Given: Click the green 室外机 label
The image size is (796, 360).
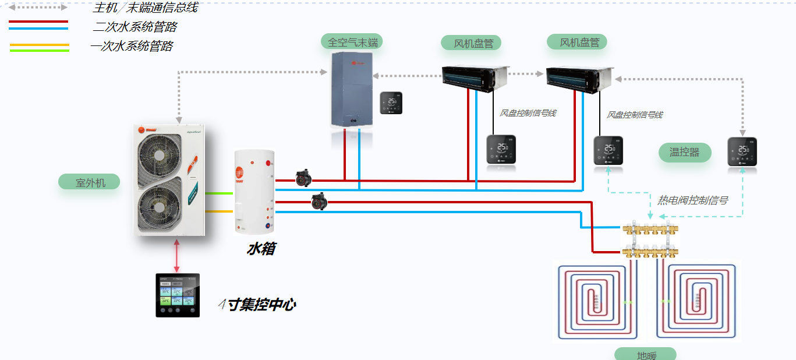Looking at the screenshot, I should pos(89,182).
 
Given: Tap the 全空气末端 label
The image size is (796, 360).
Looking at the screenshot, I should pos(352,42).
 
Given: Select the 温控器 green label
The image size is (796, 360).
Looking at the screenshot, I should pos(685,153).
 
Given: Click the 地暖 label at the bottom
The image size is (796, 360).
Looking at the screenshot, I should pos(645,355).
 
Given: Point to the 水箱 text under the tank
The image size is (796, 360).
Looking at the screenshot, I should pos(261,249).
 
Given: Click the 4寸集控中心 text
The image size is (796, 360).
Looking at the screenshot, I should pos(256,304).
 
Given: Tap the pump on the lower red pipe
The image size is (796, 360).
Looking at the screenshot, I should pos(319,201).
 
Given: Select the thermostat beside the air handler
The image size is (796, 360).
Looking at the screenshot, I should pos(391,103).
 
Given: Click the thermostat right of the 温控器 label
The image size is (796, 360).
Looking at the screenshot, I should pos(742,151).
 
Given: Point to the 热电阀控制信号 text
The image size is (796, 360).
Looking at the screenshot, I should pos(692,200).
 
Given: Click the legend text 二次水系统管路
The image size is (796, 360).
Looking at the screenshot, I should pos(135,27).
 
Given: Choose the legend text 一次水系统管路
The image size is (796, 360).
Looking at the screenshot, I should pos(132,47).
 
